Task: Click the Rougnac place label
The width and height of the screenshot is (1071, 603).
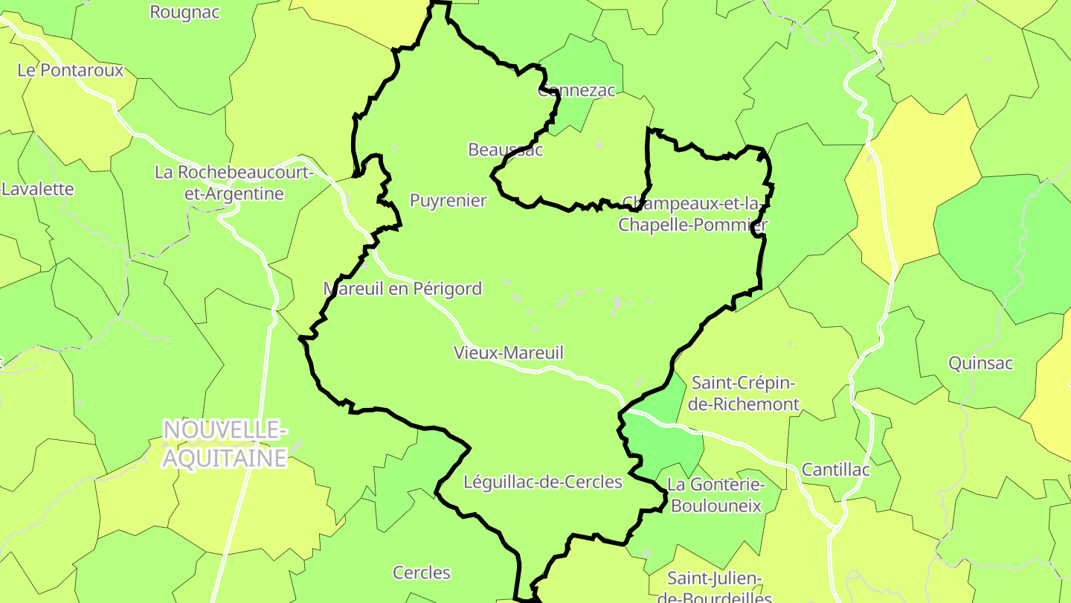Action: (184, 13)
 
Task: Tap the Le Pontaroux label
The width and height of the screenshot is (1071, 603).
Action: (70, 70)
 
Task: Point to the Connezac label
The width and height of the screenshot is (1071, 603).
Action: (576, 91)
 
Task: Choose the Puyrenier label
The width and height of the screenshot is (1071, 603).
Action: (448, 200)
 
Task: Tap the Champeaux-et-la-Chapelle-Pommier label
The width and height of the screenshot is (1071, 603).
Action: (693, 214)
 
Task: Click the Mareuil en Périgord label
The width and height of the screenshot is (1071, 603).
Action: (402, 289)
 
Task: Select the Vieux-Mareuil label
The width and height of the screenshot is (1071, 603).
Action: (509, 353)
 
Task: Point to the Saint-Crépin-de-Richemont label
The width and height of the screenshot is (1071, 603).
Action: (744, 394)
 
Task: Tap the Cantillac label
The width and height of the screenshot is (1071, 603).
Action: (835, 470)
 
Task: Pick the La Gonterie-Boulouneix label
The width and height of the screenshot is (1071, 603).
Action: (715, 495)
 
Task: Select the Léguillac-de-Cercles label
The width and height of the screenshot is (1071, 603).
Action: (542, 482)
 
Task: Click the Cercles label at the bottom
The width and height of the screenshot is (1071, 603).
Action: (422, 572)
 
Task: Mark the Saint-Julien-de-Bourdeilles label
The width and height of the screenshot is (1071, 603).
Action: (714, 587)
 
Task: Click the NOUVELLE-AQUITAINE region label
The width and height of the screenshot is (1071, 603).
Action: (224, 444)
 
